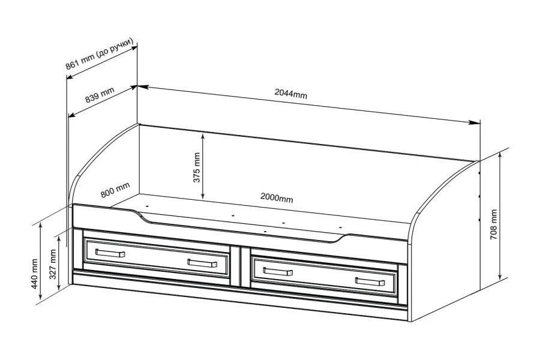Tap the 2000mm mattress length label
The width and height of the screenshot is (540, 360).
(x=277, y=198)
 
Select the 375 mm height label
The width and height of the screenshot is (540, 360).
(x=197, y=167)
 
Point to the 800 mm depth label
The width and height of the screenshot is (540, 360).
(x=115, y=190)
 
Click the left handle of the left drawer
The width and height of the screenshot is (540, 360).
(x=110, y=253)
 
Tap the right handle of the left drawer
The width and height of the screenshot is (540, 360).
(x=201, y=263)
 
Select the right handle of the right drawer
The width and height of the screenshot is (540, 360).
(x=368, y=281)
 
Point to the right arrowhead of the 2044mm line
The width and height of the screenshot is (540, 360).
(x=478, y=123)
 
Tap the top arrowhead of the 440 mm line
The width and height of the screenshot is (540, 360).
(x=40, y=224)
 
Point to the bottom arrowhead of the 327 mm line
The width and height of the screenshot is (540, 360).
(x=59, y=288)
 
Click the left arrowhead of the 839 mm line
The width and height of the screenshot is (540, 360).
(x=70, y=116)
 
